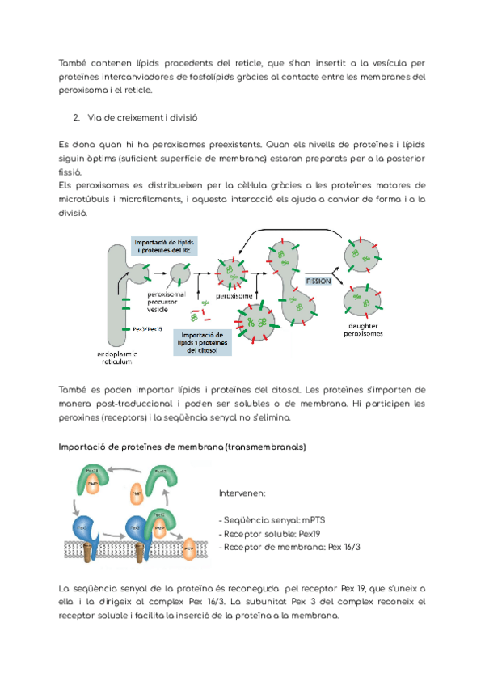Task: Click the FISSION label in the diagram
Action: pos(318,280)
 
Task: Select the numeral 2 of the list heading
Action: pos(75,118)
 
